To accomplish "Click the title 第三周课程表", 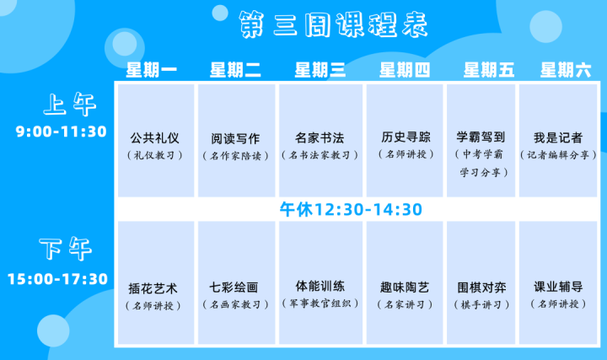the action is coord(333,24).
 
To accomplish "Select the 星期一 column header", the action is coord(152,70).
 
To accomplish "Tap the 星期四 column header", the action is coord(405,70).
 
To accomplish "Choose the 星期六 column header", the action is coord(566,70).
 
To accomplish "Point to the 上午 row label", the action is coord(70,104).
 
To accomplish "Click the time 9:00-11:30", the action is coord(62,132).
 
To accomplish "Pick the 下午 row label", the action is coord(66,248).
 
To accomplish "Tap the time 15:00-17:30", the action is coord(57,279).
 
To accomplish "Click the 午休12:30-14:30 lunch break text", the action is coord(351,209).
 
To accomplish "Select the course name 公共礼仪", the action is coord(154,138).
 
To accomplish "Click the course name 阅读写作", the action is coord(235,138).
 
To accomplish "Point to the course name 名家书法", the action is coord(320,137).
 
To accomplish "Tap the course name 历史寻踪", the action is coord(406,137).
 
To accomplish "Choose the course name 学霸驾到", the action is coord(481,137).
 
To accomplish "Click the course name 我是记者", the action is coord(558,137).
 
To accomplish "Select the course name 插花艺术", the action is coord(153,288).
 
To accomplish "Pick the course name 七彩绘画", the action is coord(234,287).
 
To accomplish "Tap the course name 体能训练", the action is coord(320,286).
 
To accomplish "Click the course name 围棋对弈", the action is coord(482,287).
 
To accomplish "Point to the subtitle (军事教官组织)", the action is coord(320,304).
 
